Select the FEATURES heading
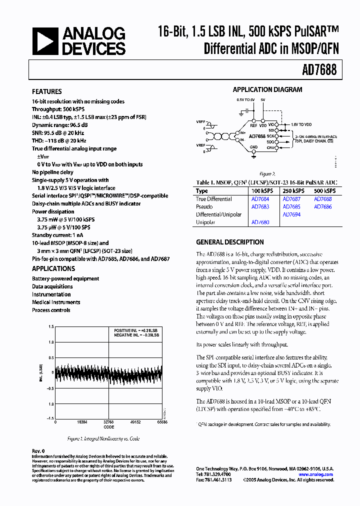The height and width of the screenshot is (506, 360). coord(47,91)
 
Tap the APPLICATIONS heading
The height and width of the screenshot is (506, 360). coord(53,268)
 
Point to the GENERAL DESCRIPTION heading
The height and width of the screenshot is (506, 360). coord(230,242)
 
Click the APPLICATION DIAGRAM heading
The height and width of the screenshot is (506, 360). coord(267,90)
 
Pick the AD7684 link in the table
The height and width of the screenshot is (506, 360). coord(260,199)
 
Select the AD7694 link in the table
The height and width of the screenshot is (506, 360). coord(291,214)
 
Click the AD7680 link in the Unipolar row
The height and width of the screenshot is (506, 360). coord(260,222)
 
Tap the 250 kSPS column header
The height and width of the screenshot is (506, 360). coord(293,191)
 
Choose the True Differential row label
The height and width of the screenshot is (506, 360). coord(214,199)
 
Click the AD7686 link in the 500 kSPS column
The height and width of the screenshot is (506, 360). coord(322,206)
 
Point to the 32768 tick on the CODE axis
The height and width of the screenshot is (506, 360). coord(108,422)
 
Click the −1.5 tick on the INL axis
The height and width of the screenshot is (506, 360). coord(50,417)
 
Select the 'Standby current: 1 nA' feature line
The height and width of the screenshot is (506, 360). coord(57,235)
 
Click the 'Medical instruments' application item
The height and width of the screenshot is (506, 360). coord(56,302)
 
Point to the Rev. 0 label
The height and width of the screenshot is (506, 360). coord(38,451)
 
